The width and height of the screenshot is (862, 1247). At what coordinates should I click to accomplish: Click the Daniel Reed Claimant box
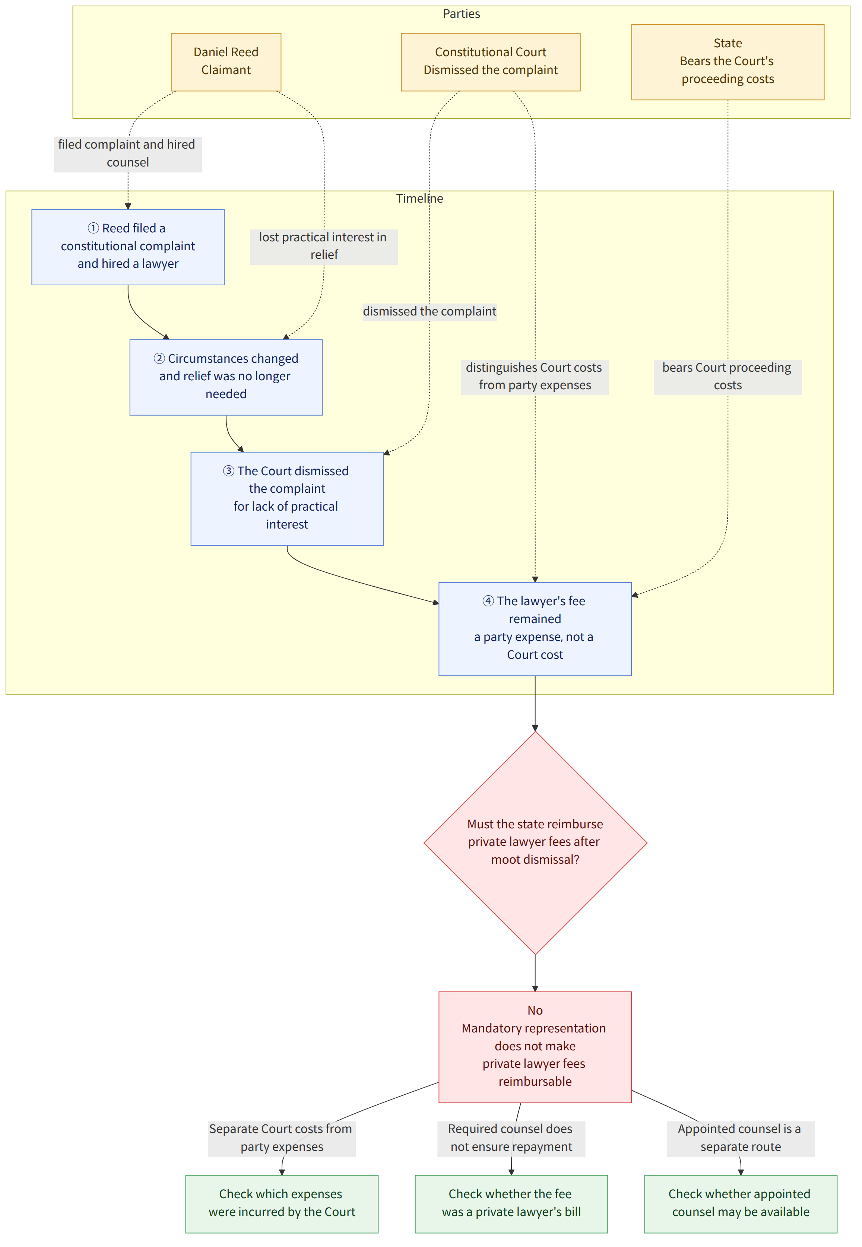coord(226,62)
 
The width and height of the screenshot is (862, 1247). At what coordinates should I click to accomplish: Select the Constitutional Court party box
coord(490,62)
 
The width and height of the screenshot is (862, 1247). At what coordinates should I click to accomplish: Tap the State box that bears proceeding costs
coord(728,62)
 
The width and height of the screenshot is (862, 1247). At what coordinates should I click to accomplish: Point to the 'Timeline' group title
coord(420,199)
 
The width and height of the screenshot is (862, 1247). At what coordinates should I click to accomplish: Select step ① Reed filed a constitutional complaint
coord(128,247)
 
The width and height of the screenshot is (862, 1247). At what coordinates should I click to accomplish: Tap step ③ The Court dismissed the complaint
coord(287,498)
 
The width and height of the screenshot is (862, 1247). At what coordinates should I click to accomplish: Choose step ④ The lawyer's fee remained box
coord(535,629)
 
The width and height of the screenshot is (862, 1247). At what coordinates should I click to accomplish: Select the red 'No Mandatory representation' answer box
coord(535,1047)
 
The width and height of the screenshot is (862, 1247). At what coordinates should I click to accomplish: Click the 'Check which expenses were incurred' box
coord(282,1204)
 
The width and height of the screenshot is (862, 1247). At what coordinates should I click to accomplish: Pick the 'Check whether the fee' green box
coord(511,1204)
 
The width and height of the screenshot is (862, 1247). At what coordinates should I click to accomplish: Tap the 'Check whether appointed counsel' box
coord(741,1204)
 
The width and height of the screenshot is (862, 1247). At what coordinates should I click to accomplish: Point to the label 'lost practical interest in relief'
coord(324,246)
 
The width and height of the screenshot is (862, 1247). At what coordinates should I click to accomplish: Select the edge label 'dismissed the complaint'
coord(430,312)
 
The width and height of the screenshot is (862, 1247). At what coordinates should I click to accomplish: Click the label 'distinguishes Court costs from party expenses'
coord(535,377)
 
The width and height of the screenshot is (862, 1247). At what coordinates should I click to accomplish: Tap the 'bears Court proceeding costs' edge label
coord(728,377)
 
